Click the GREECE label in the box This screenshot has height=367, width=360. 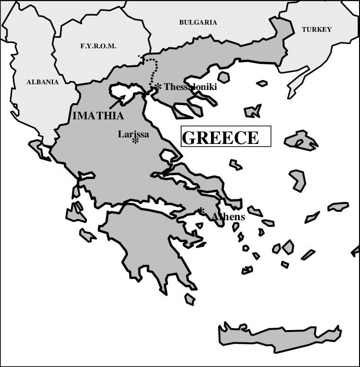click(221, 137)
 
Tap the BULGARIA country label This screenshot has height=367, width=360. click(198, 22)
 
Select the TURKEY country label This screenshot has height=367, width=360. click(316, 29)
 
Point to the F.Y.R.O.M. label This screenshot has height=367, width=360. click(98, 46)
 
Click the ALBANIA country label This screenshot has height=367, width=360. click(43, 82)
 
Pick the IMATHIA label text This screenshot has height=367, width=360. click(98, 116)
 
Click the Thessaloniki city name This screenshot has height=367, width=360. click(190, 87)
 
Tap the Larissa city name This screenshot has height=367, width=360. click(133, 134)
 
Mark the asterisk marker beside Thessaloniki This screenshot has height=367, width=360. click(158, 86)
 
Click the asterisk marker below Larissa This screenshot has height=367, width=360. click(135, 141)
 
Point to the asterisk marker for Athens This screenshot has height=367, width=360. click(202, 210)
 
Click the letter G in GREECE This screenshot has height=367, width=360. click(189, 138)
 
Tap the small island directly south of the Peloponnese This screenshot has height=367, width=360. click(190, 299)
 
